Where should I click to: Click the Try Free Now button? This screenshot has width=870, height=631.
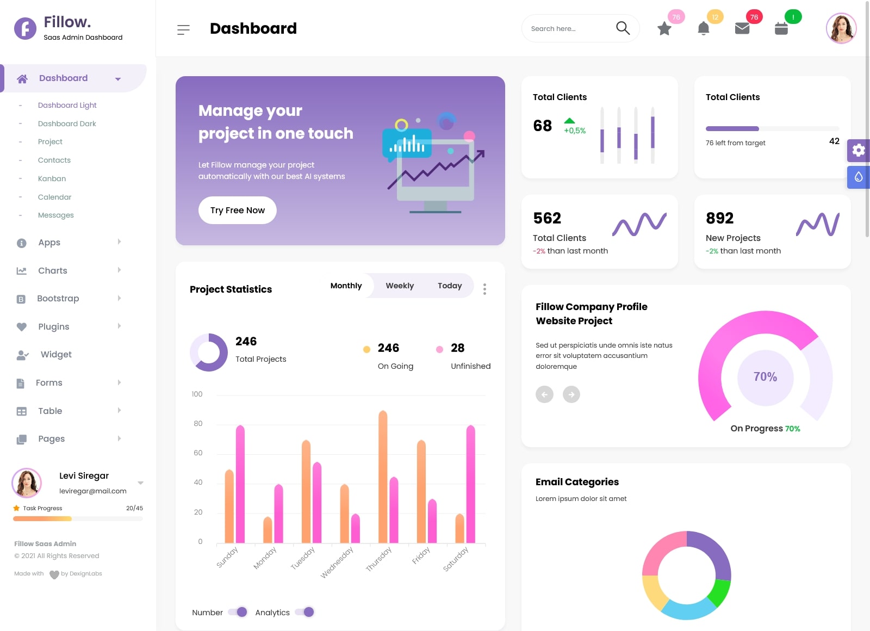238,210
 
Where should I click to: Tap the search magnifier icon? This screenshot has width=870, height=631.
623,28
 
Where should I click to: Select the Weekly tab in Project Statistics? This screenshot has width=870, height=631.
400,286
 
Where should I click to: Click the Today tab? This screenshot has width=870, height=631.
450,286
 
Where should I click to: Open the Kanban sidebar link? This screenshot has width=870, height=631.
52,178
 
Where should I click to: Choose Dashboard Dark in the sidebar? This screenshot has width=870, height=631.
67,123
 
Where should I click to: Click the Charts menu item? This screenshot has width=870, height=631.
53,270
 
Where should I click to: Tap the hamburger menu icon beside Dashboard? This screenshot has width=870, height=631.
183,29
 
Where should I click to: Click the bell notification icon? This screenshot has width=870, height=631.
703,28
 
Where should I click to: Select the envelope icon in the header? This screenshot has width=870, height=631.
742,28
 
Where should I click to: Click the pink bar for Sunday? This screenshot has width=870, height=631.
240,484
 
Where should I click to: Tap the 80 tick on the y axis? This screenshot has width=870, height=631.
198,424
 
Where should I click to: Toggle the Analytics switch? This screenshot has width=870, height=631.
305,612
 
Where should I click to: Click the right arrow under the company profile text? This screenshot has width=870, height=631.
571,394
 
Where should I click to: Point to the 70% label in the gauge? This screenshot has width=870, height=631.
765,377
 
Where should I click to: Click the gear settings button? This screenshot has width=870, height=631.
859,150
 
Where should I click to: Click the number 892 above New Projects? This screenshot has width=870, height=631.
719,218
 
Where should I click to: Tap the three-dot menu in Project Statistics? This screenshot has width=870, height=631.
484,289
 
